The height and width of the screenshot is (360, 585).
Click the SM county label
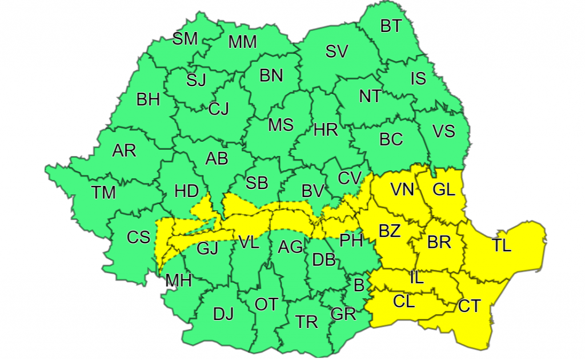[185, 39]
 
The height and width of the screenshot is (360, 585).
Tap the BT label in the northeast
[391, 26]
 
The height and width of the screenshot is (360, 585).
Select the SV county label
[337, 51]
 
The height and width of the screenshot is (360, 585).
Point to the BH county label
[148, 100]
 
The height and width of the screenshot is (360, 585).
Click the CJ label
[218, 108]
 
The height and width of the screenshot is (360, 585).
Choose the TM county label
[103, 193]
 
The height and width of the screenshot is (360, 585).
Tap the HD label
[186, 191]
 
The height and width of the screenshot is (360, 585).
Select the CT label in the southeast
[470, 306]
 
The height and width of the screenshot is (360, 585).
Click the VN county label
[402, 189]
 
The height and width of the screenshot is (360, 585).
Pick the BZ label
[390, 231]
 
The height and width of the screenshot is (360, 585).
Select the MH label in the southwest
[178, 281]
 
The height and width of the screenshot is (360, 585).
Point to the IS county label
[418, 78]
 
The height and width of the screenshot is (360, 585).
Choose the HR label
[326, 130]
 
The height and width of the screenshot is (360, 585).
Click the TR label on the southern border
[307, 322]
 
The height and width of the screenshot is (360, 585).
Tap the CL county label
[404, 301]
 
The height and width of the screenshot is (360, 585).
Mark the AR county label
[124, 151]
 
